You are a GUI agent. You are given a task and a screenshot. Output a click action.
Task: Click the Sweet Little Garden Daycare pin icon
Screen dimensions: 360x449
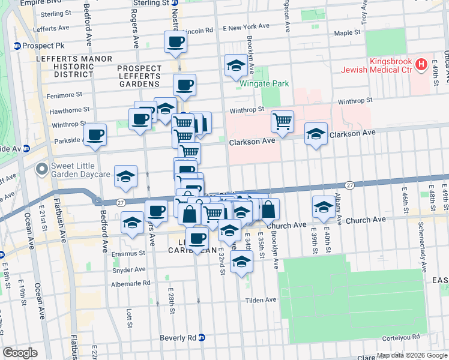(42, 169)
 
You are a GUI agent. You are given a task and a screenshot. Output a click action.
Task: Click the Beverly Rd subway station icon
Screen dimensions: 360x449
(202, 338)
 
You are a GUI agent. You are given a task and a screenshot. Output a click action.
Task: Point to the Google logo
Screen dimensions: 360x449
(20, 353)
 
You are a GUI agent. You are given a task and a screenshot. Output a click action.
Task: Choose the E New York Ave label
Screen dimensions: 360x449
(246, 27)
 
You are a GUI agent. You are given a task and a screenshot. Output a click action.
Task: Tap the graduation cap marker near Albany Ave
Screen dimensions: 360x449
(324, 207)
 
